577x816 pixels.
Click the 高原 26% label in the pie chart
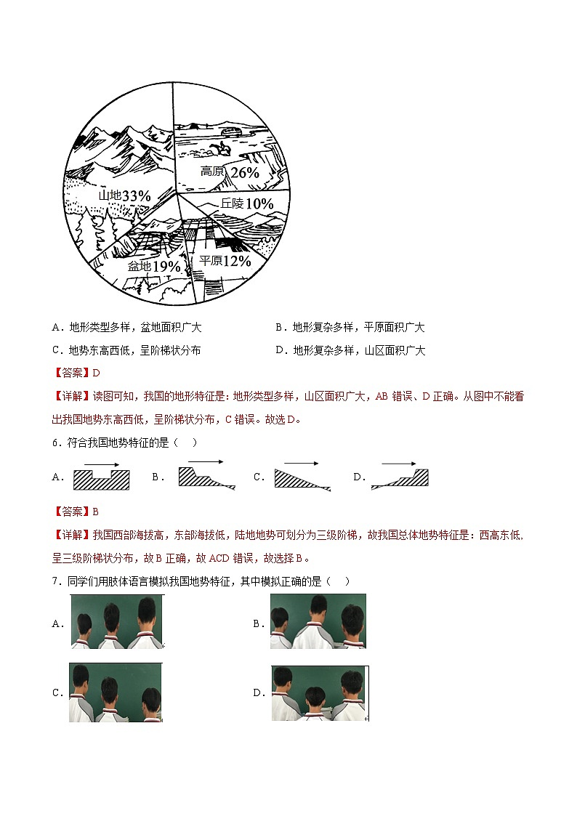click(x=230, y=172)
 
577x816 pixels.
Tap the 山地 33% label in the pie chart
click(x=124, y=196)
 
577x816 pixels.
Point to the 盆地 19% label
click(x=153, y=266)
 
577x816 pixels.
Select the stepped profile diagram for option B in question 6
click(x=207, y=477)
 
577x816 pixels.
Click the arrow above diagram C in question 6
click(x=301, y=463)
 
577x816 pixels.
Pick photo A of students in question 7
click(x=117, y=621)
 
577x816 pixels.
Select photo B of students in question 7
click(x=318, y=621)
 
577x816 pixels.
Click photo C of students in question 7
click(x=116, y=692)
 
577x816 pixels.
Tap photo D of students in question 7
click(x=318, y=692)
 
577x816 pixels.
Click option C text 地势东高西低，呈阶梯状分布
click(x=134, y=350)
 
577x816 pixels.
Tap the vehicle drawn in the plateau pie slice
click(x=232, y=132)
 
